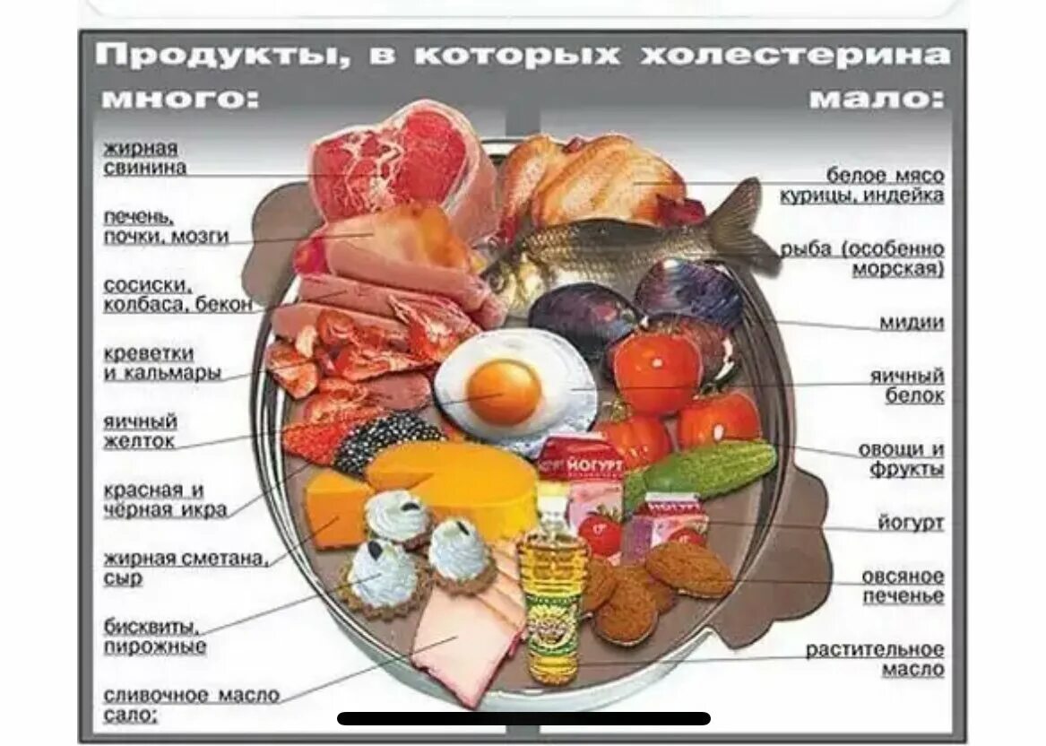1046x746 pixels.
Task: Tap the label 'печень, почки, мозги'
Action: (x=166, y=227)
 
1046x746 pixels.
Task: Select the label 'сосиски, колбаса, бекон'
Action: (x=177, y=295)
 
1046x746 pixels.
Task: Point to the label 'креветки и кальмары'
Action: (x=162, y=363)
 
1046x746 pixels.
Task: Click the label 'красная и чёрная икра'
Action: (x=165, y=500)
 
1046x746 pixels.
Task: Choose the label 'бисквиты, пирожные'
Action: (x=155, y=636)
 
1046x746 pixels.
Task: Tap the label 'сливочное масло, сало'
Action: (x=191, y=705)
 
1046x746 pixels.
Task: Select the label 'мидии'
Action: (x=911, y=323)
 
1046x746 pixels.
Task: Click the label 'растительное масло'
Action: (x=874, y=659)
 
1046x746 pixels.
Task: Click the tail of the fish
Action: (x=748, y=224)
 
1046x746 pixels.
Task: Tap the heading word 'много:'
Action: (x=180, y=98)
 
